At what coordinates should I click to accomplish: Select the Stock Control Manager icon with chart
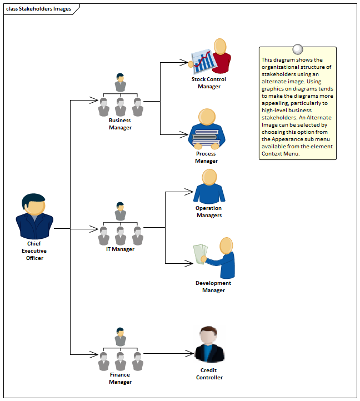(211, 57)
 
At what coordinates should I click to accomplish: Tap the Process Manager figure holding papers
(206, 129)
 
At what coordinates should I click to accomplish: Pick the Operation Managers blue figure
(209, 187)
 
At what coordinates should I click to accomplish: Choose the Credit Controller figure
(209, 345)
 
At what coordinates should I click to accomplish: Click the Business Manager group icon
(120, 96)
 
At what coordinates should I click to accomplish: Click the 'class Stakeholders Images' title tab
(39, 9)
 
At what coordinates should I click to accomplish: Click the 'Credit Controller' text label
(209, 374)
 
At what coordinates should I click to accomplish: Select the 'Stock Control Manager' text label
(209, 83)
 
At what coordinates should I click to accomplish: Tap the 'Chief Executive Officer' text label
(34, 250)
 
